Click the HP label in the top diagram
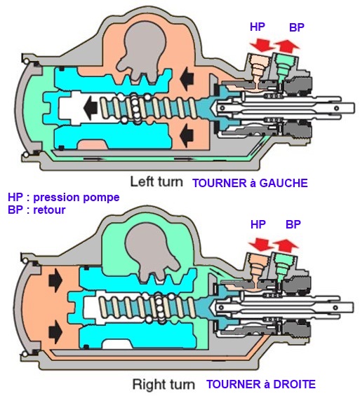pos(258,27)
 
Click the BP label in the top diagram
pos(297,27)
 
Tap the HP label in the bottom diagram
pos(258,224)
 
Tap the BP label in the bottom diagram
pos(293,224)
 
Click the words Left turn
pos(156,182)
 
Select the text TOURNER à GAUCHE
pos(251,183)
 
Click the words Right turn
pos(164,385)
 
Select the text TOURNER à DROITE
pos(261,384)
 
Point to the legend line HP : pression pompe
pos(63,197)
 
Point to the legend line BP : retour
pos(36,210)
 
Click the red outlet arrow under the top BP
pos(288,46)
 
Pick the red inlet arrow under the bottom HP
pos(260,244)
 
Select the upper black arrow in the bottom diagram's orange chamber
pos(55,279)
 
